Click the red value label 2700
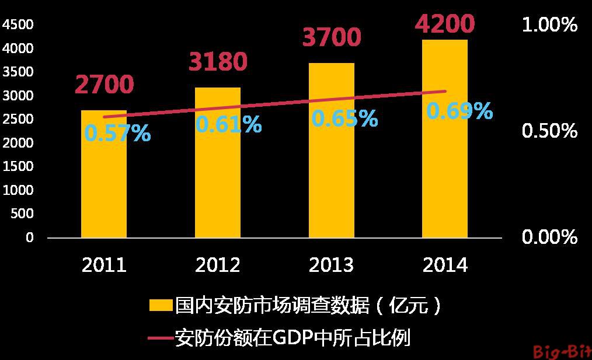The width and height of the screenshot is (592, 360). (104, 85)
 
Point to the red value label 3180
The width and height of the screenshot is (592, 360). (218, 61)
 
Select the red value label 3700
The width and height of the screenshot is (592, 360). (332, 37)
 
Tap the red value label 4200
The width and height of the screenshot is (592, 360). (445, 24)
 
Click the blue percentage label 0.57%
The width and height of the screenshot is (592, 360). (117, 134)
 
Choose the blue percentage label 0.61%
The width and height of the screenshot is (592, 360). (228, 124)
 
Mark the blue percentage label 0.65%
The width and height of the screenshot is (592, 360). (344, 118)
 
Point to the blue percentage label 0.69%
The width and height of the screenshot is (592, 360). (459, 111)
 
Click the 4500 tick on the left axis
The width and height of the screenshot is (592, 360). (18, 25)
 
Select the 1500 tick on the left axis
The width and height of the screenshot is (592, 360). (18, 166)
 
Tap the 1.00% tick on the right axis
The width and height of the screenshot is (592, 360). (549, 25)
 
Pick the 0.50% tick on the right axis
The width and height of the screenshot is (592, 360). (549, 131)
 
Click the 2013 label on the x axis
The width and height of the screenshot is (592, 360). (332, 265)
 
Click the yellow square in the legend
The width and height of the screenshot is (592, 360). (161, 305)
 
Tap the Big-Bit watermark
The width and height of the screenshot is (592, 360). (562, 351)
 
